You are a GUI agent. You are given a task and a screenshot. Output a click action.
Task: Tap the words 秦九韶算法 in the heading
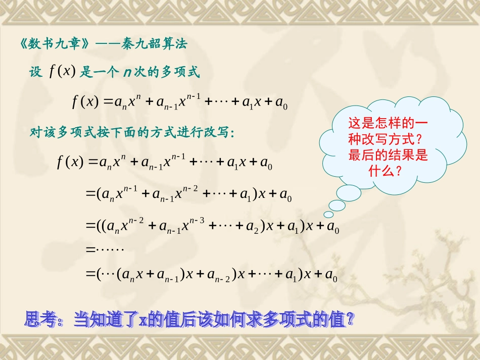coord(161,44)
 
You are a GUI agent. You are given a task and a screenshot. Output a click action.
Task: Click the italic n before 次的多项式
coord(127,72)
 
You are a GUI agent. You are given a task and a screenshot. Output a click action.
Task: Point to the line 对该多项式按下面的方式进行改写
coord(131,133)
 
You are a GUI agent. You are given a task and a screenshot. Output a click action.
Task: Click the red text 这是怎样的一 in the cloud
coord(388,123)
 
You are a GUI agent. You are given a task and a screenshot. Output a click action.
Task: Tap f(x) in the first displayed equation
coord(85,102)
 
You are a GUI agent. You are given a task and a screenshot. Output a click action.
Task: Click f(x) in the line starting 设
coord(62,72)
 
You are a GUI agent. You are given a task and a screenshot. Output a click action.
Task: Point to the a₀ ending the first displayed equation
coord(281,103)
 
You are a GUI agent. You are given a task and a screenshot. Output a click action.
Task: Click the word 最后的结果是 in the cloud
coord(388,156)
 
